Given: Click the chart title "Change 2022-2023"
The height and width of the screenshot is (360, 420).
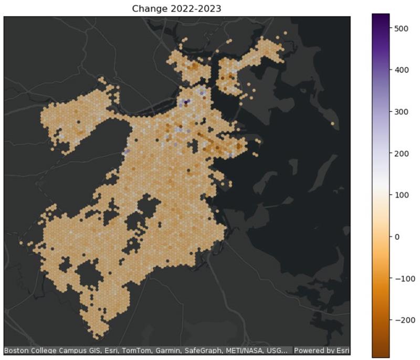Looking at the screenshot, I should (177, 8).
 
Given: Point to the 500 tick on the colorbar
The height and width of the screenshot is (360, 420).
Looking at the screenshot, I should (401, 28).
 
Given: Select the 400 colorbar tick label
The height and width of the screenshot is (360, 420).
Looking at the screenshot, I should (401, 70).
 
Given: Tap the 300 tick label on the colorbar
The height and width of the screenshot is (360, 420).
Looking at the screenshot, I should (401, 112).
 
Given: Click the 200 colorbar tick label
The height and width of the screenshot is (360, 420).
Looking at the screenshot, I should (401, 154).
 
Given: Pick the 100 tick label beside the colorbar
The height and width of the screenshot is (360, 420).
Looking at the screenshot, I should (401, 195).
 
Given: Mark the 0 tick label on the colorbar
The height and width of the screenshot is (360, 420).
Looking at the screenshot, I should (397, 237).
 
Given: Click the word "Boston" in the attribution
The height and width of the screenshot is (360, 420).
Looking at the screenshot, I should (16, 350).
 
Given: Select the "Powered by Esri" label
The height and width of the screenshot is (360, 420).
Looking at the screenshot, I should (321, 350).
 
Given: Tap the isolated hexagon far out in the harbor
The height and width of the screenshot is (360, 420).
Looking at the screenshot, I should (332, 124).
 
